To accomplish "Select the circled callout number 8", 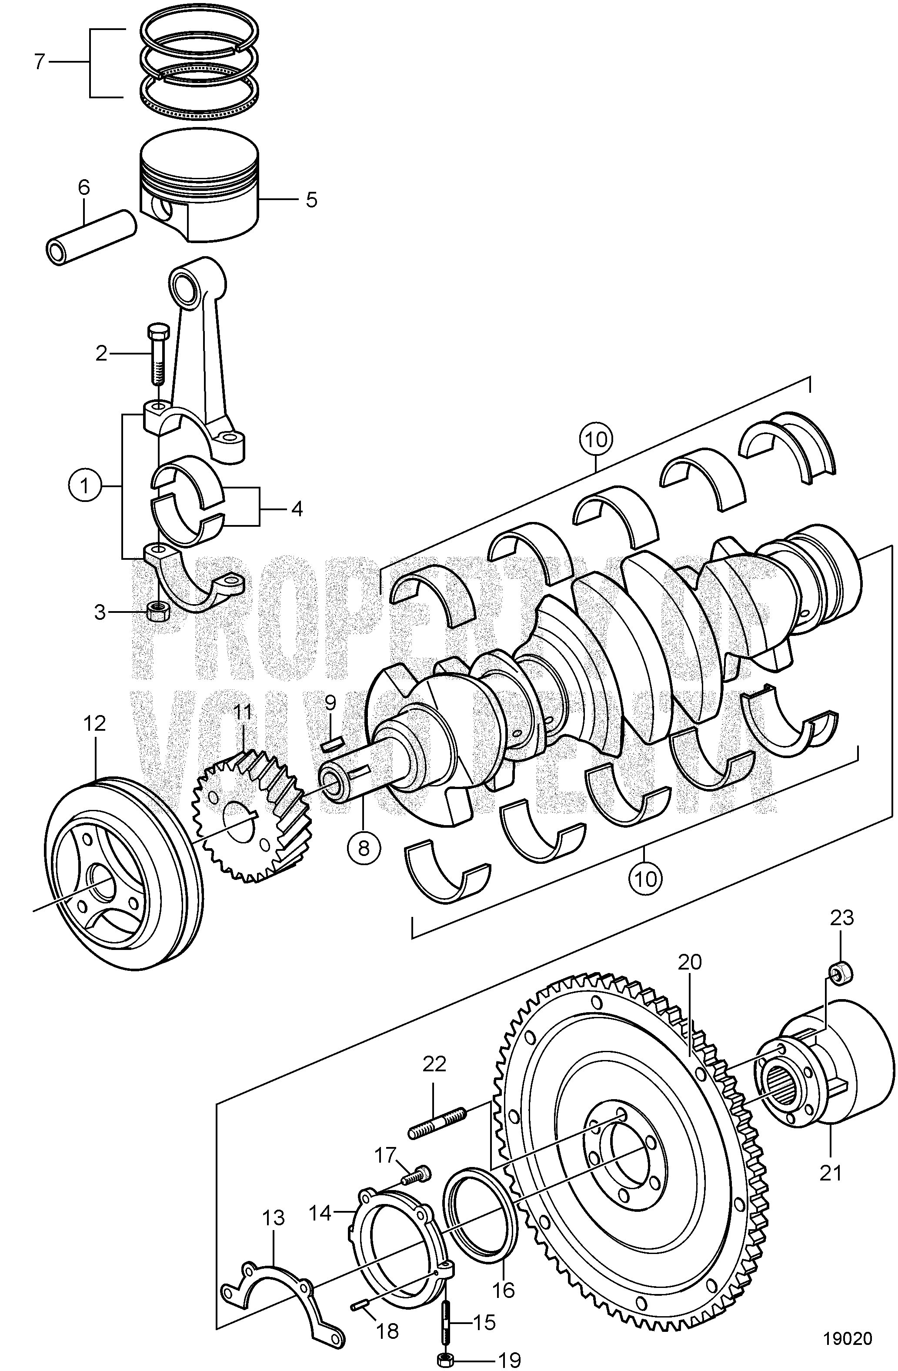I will [x=364, y=849].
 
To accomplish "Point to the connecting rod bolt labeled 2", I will [x=156, y=355].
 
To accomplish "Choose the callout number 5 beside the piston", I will [x=311, y=200].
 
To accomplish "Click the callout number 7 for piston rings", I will [x=39, y=62].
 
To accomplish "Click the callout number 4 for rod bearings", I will [x=296, y=508].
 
